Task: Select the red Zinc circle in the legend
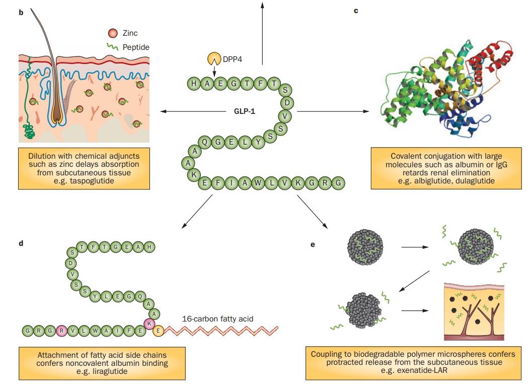(113, 33)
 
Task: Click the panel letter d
(21, 243)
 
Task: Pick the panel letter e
(313, 245)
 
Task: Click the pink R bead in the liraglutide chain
(62, 331)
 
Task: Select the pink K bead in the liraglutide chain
(149, 323)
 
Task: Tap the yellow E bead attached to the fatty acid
(158, 331)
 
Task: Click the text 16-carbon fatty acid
(217, 318)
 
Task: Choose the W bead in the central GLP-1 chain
(258, 182)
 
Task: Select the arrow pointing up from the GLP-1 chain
(262, 30)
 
